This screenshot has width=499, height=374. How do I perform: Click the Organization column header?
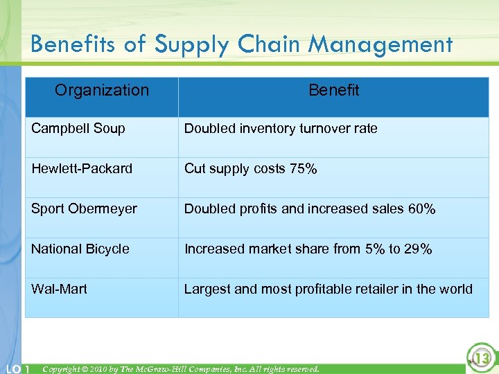pos(102,90)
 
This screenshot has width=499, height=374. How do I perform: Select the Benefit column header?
pos(333,90)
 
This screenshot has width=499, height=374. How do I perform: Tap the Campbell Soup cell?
pos(78,128)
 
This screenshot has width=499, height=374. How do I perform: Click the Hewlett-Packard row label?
pos(82,168)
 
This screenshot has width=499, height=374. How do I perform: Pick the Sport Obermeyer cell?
pos(84,208)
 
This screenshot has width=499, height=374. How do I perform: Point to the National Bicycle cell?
pos(80,249)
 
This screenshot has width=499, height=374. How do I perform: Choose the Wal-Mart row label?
pos(59,289)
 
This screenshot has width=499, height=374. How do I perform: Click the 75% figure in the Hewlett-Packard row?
pos(304,169)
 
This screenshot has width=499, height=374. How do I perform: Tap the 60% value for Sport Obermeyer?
pos(421,209)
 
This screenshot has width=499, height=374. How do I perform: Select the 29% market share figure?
pos(418,249)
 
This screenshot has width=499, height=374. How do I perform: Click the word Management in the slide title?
pos(380,44)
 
